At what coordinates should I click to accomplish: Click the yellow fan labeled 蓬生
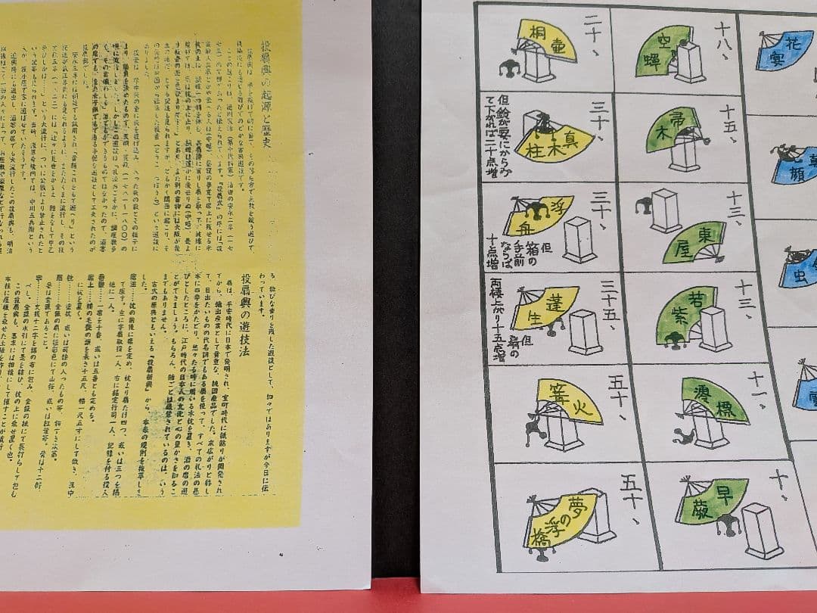coord(545,306)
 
